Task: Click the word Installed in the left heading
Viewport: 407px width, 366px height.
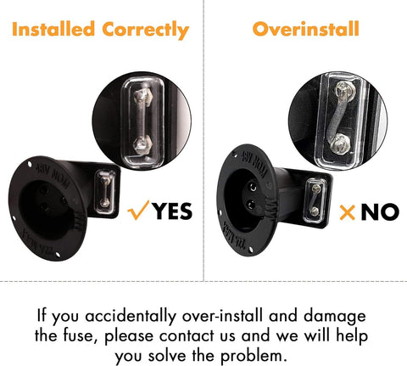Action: click(x=53, y=29)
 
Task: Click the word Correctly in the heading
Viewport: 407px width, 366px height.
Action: click(x=146, y=31)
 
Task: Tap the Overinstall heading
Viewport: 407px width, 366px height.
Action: click(x=306, y=29)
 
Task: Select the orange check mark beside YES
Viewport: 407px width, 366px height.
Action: click(x=138, y=211)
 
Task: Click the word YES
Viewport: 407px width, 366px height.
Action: click(x=172, y=211)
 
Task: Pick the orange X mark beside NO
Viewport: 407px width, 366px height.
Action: click(x=348, y=212)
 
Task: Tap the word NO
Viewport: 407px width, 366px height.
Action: click(x=380, y=212)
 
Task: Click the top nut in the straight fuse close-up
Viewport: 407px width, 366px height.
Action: click(x=142, y=96)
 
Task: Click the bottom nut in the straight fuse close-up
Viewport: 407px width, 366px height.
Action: click(x=142, y=145)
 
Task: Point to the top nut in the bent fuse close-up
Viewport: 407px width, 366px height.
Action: click(x=344, y=91)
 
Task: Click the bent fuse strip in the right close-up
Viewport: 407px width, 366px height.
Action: click(x=337, y=118)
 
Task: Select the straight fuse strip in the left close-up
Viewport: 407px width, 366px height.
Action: click(x=142, y=121)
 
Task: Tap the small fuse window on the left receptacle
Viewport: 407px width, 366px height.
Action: click(x=105, y=192)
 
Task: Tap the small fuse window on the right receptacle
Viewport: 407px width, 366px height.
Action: click(x=315, y=200)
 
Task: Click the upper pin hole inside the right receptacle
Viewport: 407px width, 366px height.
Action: click(x=252, y=187)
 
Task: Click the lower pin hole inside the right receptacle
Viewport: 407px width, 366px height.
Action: click(x=251, y=205)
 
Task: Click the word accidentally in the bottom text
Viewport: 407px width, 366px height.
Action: click(x=131, y=316)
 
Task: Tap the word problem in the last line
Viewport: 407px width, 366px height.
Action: click(x=254, y=357)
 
